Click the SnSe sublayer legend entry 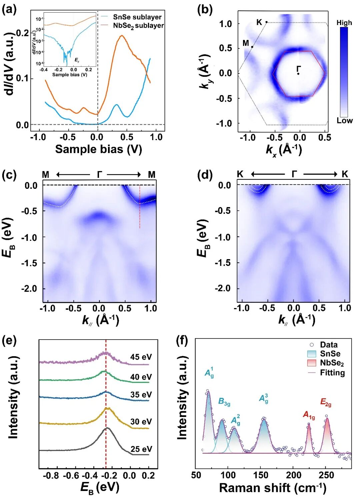pos(137,17)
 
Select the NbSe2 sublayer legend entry pos(138,26)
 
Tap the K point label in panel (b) pos(259,22)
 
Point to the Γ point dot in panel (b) pos(298,74)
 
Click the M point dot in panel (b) pos(252,47)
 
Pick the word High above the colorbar pos(344,23)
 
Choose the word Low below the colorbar pos(344,121)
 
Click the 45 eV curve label pos(141,357)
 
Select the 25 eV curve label pos(141,449)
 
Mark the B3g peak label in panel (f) pos(224,402)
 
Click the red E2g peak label pos(326,403)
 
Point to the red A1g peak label pos(309,415)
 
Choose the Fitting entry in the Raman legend pos(332,373)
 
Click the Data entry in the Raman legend pos(329,345)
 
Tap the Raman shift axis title pos(272,488)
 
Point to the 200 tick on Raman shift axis pos(294,475)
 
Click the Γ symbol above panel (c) pos(99,174)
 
